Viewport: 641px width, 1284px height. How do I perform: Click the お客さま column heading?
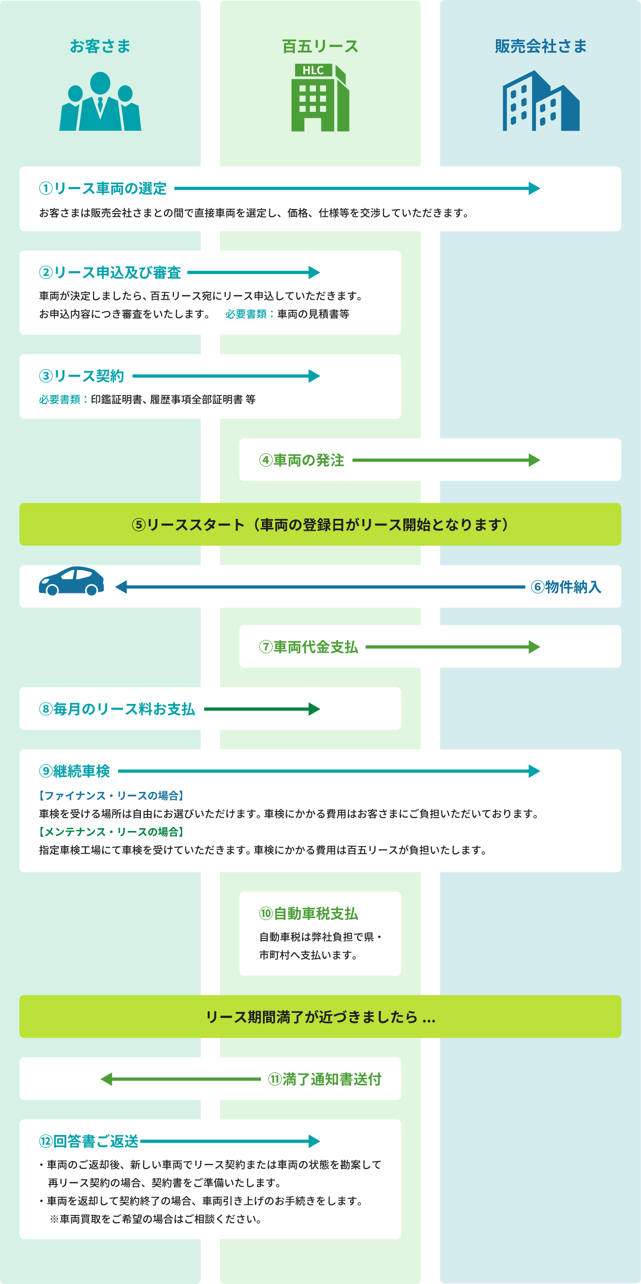[100, 46]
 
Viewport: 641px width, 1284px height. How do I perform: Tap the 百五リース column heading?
[320, 46]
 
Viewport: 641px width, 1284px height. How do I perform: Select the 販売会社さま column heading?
[540, 46]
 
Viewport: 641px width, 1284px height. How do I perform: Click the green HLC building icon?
[320, 97]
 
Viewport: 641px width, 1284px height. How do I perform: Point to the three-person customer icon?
[100, 101]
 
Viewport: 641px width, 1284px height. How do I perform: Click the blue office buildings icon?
[541, 101]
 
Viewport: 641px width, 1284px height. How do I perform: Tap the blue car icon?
[71, 581]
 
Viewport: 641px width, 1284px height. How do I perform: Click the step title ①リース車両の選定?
[103, 188]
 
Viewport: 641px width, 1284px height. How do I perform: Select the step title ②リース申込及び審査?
[110, 273]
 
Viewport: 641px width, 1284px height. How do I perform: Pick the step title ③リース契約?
[81, 376]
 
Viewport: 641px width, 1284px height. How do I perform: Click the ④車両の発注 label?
[301, 460]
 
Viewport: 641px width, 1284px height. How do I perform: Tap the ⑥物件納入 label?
[566, 587]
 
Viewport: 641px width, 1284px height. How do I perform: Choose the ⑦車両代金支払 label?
[308, 647]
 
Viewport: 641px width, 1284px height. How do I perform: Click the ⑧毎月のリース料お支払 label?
[117, 709]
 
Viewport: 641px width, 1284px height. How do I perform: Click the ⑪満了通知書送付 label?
[325, 1079]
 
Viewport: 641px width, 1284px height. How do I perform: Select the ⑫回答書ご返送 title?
[89, 1141]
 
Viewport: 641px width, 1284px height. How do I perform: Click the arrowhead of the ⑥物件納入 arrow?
[121, 587]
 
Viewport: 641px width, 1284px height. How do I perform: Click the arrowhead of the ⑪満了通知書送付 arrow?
[106, 1079]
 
